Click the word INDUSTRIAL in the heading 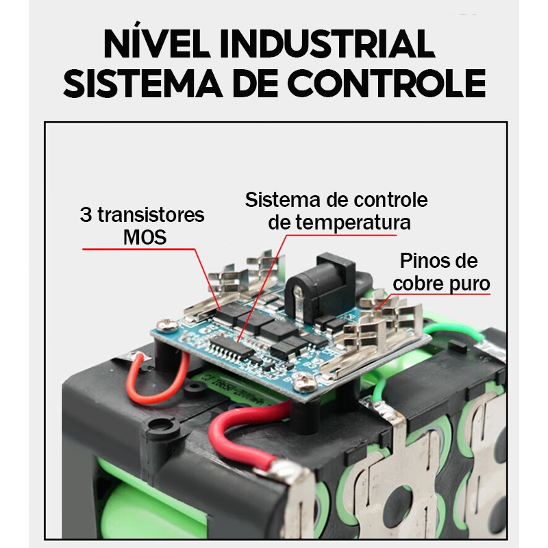[327, 44]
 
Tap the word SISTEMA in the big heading [143, 83]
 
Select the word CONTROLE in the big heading [386, 83]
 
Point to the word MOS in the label [145, 237]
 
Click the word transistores [151, 214]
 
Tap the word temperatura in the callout [353, 223]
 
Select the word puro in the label [469, 285]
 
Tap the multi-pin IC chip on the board [232, 347]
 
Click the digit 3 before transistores [86, 214]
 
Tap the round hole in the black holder [161, 425]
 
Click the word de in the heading [255, 83]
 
